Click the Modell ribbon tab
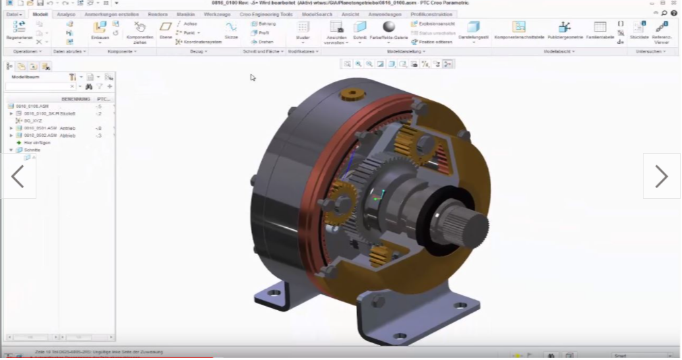pos(40,13)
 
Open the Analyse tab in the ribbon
pos(66,13)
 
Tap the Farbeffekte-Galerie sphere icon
pos(389,26)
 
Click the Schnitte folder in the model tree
pos(32,150)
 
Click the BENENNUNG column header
pos(76,99)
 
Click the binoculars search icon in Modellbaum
pos(88,86)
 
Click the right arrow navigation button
pos(661,177)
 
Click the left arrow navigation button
pos(18,177)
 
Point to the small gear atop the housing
pos(351,93)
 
